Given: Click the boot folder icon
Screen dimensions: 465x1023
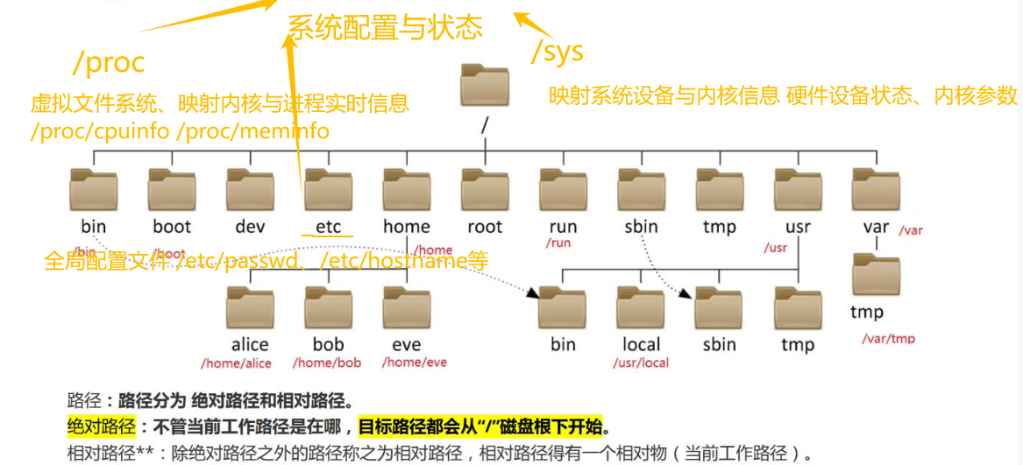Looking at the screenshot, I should click(x=172, y=187).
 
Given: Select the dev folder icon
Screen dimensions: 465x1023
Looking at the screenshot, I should click(x=250, y=187).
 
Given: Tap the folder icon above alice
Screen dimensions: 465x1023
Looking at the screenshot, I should click(x=250, y=306).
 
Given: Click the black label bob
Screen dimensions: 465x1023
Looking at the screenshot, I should click(x=328, y=344).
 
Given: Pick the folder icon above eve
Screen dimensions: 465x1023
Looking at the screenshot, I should click(x=406, y=306).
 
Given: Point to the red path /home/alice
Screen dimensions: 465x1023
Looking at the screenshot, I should click(x=236, y=363).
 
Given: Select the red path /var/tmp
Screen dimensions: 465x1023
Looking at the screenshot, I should click(x=888, y=339).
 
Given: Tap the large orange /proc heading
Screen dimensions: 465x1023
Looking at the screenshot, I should click(x=109, y=62).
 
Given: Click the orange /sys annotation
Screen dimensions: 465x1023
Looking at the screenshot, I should click(x=557, y=51).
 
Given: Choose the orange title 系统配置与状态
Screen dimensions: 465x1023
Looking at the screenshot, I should click(x=385, y=28).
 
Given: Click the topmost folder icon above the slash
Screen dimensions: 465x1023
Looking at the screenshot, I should click(x=484, y=87).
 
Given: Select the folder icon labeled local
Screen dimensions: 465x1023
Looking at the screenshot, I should click(x=641, y=306).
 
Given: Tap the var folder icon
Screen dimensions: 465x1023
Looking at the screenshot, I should click(x=876, y=187).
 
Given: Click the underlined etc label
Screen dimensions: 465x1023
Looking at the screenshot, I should click(x=328, y=227).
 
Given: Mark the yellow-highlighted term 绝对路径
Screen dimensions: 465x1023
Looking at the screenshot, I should click(x=101, y=427).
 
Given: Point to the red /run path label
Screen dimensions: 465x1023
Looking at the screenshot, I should click(x=558, y=243).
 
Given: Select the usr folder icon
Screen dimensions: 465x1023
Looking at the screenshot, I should click(x=798, y=187).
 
